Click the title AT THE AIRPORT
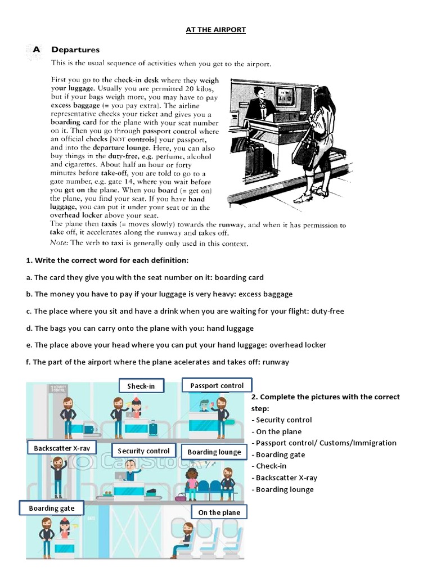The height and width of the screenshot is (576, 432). (x=216, y=29)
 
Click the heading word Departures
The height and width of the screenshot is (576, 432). (x=75, y=50)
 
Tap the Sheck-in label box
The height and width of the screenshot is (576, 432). (x=141, y=386)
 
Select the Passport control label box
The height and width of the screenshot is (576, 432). (x=217, y=385)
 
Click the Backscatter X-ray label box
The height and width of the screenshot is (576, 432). (x=61, y=448)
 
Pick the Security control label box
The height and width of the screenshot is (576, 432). (x=143, y=451)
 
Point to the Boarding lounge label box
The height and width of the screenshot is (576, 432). (x=214, y=452)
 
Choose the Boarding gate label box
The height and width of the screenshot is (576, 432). (x=51, y=508)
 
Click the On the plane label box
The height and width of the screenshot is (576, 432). (x=219, y=512)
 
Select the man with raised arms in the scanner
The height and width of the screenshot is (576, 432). (x=57, y=475)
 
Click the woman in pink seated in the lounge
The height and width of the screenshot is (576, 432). (x=192, y=482)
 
